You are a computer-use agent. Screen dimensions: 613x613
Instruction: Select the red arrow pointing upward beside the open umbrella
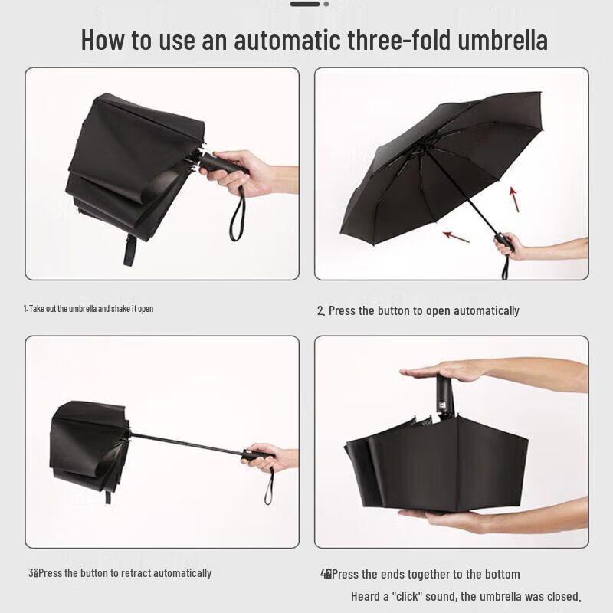tap(513, 198)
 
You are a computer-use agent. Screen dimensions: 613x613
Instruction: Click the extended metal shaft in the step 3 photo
tap(188, 442)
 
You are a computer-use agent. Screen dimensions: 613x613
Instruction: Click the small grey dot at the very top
tap(326, 4)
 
